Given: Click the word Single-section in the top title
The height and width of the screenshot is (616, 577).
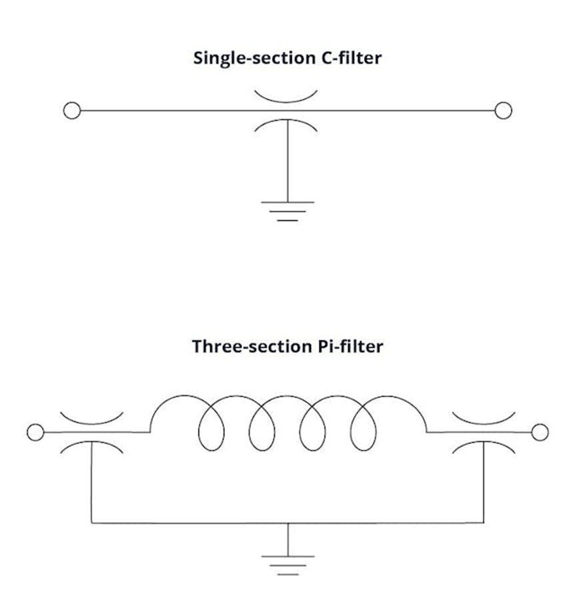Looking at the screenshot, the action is pyautogui.click(x=249, y=58).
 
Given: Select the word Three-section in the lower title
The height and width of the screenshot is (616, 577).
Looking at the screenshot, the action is pyautogui.click(x=247, y=347).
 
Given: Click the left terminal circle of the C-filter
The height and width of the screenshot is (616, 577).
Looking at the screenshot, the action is pyautogui.click(x=72, y=111).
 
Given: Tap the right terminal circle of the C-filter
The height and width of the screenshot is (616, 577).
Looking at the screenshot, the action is pyautogui.click(x=504, y=111).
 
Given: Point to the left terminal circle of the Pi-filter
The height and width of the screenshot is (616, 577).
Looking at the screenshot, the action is pyautogui.click(x=35, y=433).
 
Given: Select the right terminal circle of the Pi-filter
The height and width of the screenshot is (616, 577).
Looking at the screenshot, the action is pyautogui.click(x=540, y=433).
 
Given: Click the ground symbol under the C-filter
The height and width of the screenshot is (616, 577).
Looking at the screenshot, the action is pyautogui.click(x=287, y=210).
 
